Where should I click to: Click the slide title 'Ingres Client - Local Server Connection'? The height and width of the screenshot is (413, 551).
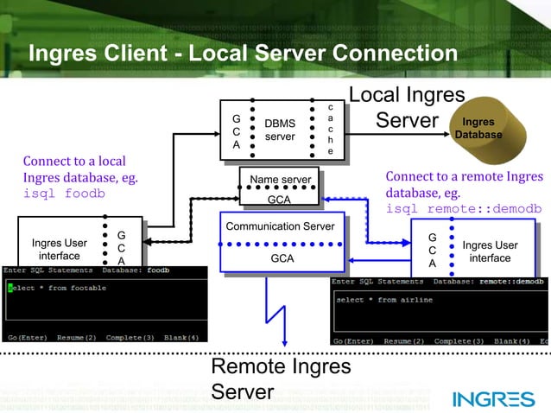[x=243, y=54]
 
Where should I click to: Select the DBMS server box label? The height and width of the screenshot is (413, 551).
[x=279, y=130]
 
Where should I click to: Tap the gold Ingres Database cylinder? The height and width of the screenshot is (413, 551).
[x=478, y=129]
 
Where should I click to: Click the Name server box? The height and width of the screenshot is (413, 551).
[x=279, y=180]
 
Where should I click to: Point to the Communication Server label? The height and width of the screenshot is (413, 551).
[x=279, y=226]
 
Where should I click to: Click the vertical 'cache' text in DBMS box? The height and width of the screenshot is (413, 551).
[x=330, y=130]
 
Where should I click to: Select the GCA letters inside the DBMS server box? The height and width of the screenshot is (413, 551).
[x=236, y=131]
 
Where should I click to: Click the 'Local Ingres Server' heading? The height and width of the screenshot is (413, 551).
[x=407, y=107]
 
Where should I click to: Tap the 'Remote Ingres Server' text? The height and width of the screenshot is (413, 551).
[x=281, y=379]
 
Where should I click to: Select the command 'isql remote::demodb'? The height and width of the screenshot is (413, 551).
[x=463, y=209]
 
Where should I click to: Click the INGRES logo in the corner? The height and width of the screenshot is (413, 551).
[x=493, y=399]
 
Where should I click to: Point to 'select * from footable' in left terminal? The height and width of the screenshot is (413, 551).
[x=60, y=287]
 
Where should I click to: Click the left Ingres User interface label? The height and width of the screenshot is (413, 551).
[x=60, y=250]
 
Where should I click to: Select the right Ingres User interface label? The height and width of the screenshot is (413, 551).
[x=490, y=251]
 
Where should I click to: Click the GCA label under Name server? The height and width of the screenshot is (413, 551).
[x=279, y=199]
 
